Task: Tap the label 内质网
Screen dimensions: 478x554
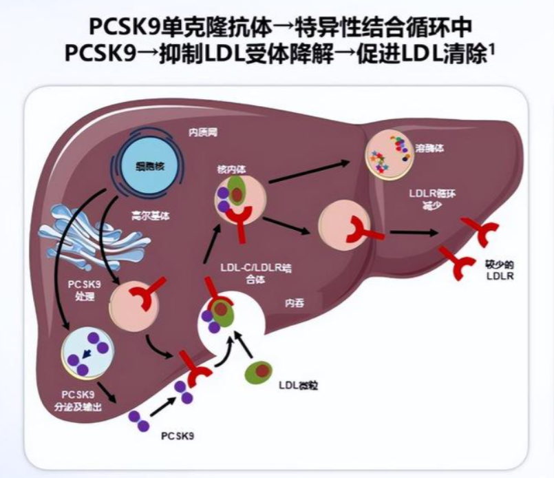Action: click(203, 130)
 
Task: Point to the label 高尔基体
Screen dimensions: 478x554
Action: click(150, 215)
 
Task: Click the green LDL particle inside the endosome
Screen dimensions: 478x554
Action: click(235, 189)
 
